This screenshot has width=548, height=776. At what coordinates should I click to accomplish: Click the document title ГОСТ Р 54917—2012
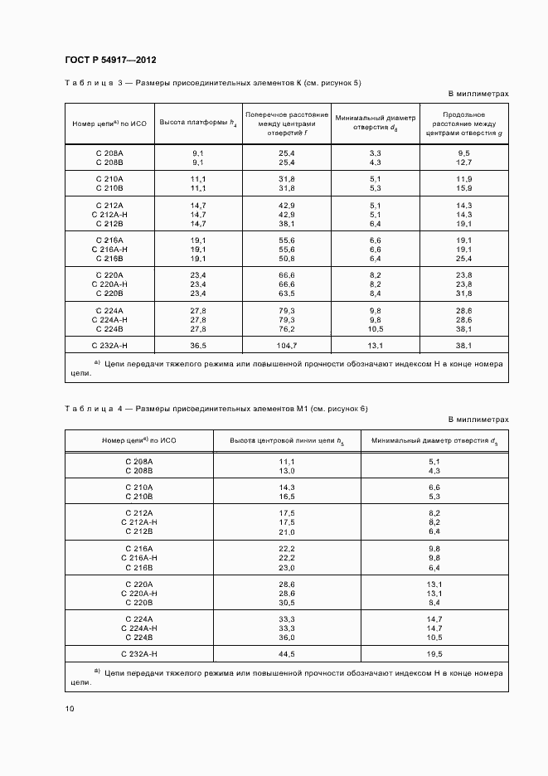point(110,61)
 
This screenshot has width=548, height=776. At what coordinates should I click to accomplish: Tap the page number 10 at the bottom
point(70,708)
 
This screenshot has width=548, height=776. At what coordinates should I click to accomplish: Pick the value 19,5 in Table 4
point(435,654)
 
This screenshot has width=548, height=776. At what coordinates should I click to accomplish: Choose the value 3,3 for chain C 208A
point(375,153)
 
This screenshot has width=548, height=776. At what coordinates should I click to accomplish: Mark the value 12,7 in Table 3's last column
point(464,162)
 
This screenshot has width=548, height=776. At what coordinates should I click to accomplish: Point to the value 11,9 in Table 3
point(464,179)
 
